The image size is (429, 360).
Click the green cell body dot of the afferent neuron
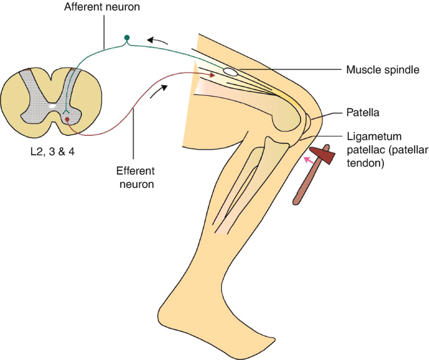(x=127, y=38)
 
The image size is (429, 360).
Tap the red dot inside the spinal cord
(x=68, y=119)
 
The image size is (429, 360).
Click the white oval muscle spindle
(x=230, y=73)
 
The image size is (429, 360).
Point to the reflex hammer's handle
(x=306, y=184)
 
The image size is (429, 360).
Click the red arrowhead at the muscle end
(x=212, y=75)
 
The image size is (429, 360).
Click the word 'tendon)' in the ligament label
(x=366, y=164)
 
